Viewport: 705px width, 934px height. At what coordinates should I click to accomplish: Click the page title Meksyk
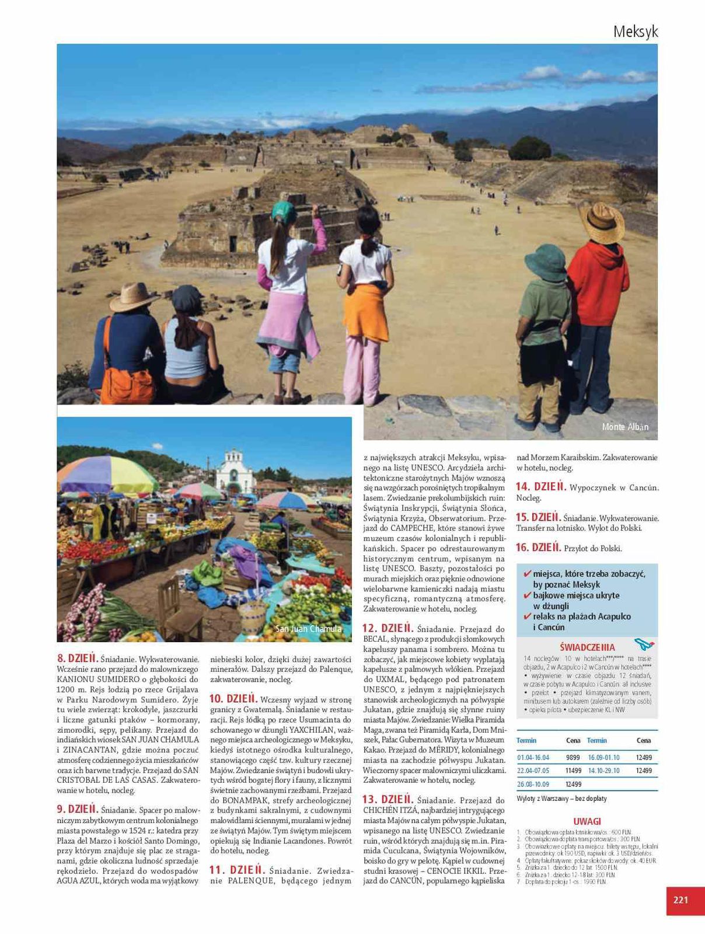coord(635,32)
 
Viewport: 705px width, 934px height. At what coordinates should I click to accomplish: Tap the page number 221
coord(680,900)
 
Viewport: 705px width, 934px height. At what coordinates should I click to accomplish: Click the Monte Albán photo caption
coord(625,427)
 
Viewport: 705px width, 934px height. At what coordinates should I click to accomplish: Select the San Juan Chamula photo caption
coord(308,629)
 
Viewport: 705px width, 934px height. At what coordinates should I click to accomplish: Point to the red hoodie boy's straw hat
coord(601,221)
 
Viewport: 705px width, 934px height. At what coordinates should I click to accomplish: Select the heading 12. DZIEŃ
coord(388,628)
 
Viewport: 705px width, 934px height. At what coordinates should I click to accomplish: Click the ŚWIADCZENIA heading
coord(587,647)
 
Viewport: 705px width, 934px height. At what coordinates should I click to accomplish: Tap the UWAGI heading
coord(587,821)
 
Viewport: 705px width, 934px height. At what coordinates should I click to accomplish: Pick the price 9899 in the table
coord(573,757)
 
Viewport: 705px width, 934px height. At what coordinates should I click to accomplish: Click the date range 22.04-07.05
coord(533,771)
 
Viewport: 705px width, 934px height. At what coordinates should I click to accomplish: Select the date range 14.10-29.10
coord(603,771)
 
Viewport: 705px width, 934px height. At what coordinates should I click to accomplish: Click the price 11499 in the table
coord(573,771)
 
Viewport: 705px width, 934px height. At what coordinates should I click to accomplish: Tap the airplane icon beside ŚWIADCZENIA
coord(644,645)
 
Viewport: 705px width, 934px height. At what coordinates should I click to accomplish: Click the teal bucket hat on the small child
coord(545,262)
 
